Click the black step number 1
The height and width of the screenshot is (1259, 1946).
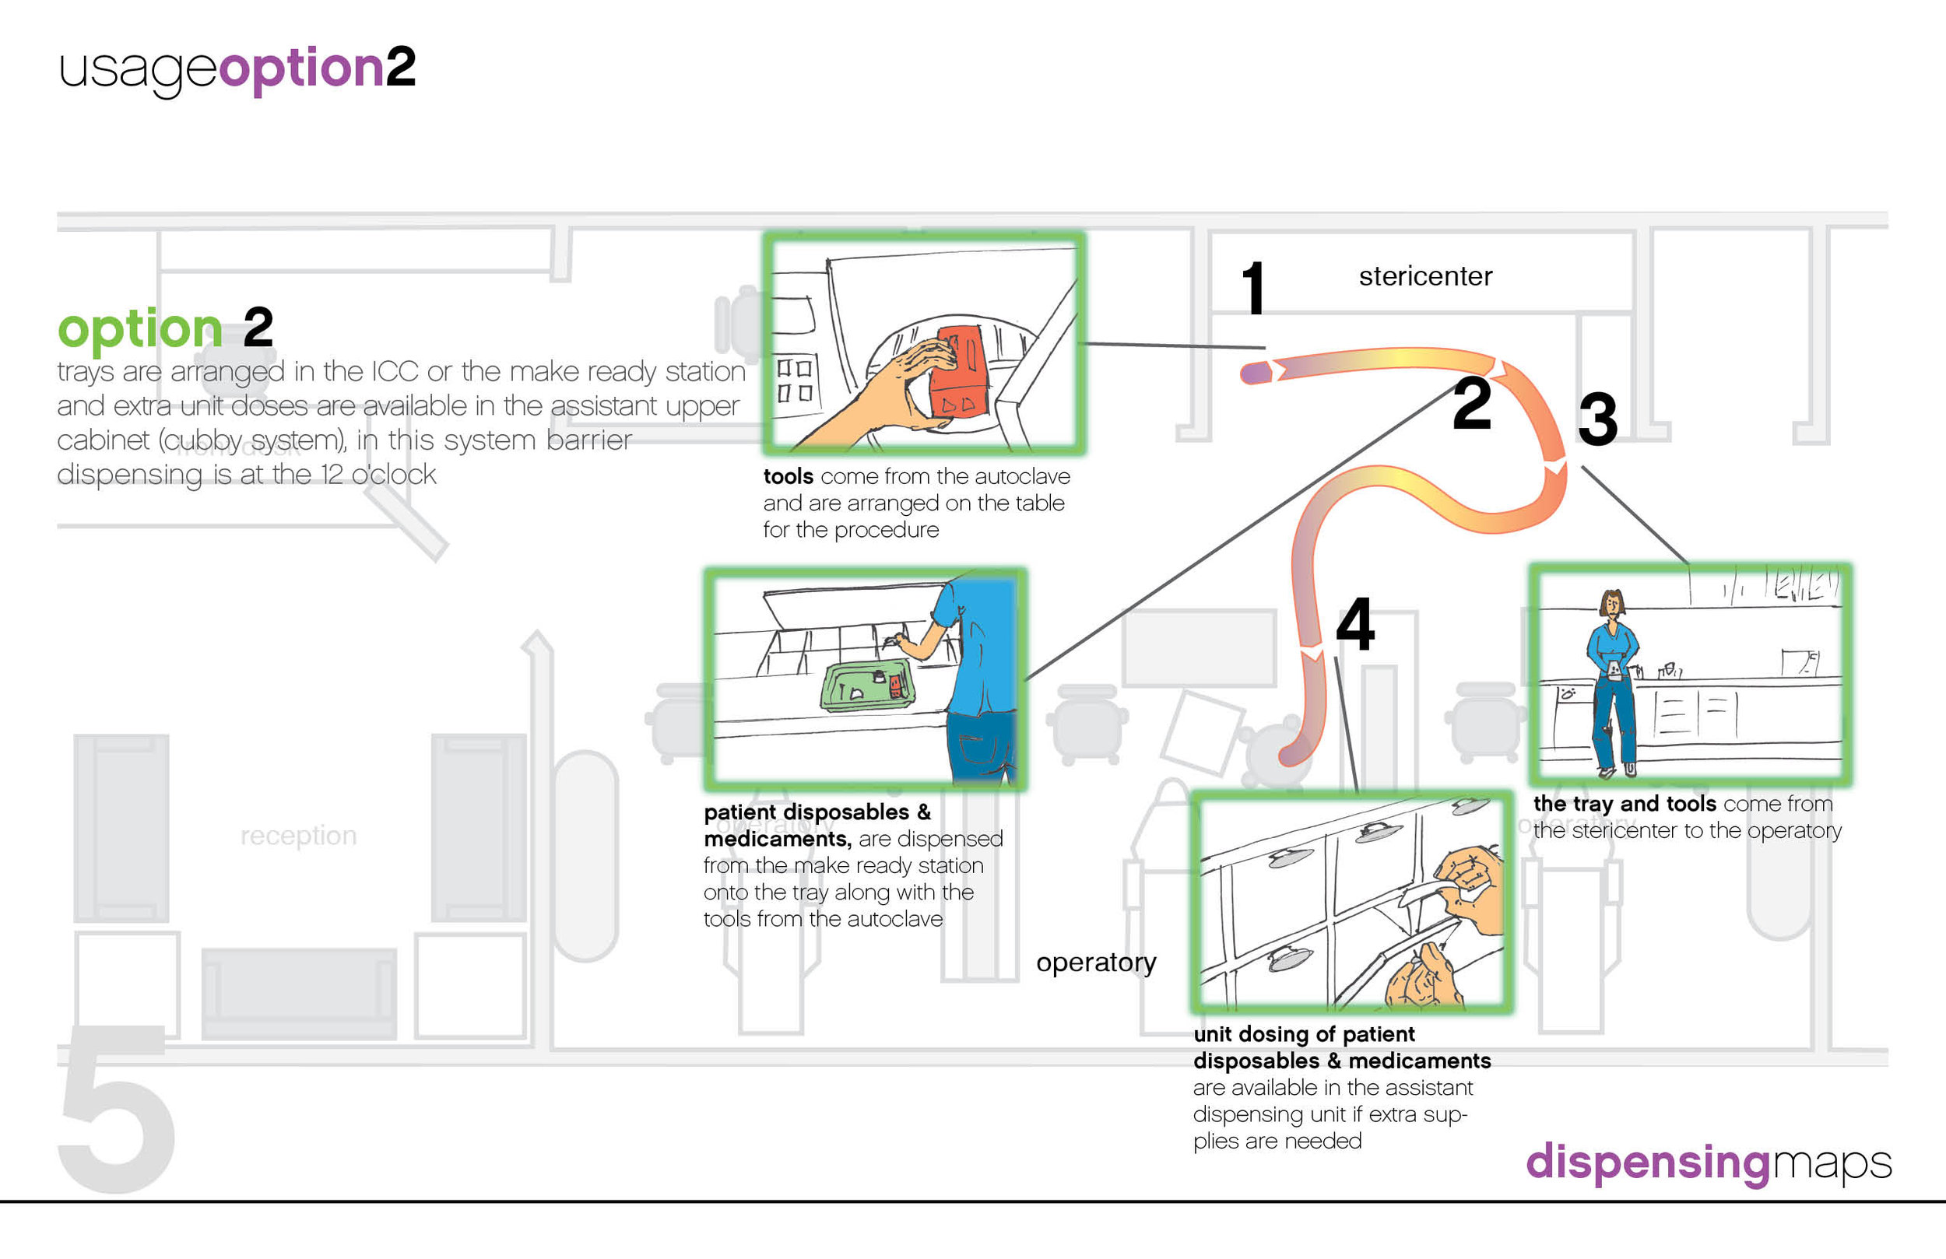(1253, 288)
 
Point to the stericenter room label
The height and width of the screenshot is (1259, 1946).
(1425, 276)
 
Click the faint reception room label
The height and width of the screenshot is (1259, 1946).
(298, 836)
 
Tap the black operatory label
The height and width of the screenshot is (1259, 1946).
(1096, 963)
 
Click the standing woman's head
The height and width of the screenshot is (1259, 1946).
(1611, 603)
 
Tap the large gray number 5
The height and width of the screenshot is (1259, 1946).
(117, 1108)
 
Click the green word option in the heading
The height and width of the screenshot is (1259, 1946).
(140, 328)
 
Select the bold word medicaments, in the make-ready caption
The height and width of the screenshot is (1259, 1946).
(778, 839)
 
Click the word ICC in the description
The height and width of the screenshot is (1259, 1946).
(395, 371)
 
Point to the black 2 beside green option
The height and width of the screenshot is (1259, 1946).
(258, 327)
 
